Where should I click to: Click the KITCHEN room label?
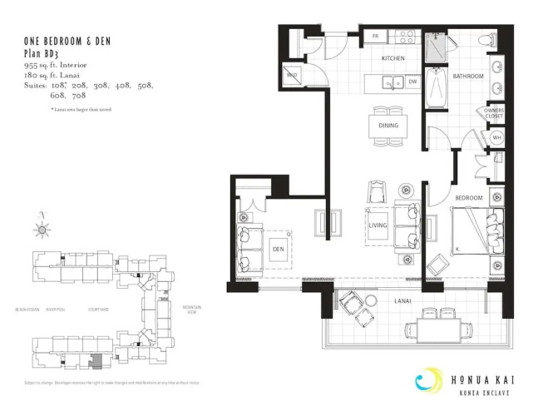(x=392, y=59)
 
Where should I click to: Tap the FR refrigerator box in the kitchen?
(x=376, y=37)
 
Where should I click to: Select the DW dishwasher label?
(x=413, y=82)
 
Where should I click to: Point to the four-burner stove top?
(x=405, y=37)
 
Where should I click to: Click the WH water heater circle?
(x=496, y=138)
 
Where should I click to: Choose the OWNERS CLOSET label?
(x=495, y=113)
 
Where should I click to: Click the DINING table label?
(x=387, y=126)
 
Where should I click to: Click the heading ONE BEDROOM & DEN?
(x=67, y=41)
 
